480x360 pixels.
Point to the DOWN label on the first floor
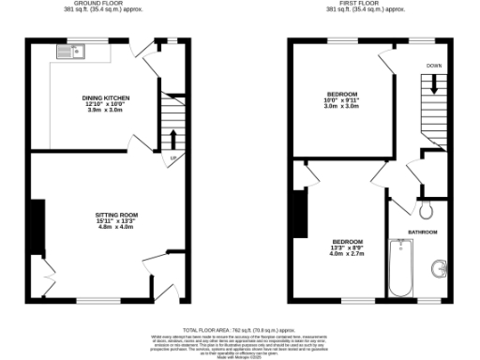tap(434, 67)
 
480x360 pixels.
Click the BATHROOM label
tap(422, 232)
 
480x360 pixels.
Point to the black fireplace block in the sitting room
tap(37, 226)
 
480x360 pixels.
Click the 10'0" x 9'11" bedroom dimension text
tap(342, 102)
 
